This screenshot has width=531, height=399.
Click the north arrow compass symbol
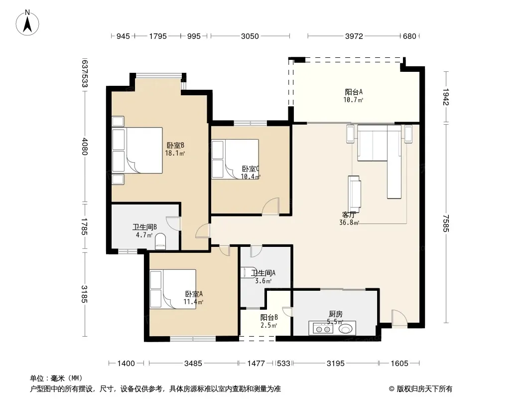(x=27, y=23)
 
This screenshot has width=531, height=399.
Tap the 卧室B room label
(x=175, y=146)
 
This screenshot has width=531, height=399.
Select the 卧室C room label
(x=251, y=169)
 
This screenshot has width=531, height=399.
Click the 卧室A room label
(x=194, y=294)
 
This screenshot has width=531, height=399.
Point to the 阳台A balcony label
(x=354, y=92)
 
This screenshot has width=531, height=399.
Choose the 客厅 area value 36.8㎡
(x=349, y=223)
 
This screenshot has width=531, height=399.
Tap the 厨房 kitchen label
(x=336, y=314)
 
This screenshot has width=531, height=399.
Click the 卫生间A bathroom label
(x=263, y=273)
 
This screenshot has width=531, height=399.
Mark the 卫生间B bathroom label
(x=144, y=227)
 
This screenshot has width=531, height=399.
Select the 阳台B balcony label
(x=269, y=318)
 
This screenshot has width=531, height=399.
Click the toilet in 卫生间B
(x=160, y=241)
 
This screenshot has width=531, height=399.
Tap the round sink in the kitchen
(x=346, y=329)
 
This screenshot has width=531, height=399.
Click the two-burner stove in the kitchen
(x=322, y=329)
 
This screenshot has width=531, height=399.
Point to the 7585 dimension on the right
(x=446, y=223)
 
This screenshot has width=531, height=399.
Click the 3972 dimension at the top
(x=354, y=36)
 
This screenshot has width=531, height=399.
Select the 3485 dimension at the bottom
(x=193, y=364)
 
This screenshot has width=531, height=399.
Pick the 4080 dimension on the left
(x=84, y=146)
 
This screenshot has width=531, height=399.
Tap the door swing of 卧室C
(x=270, y=206)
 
